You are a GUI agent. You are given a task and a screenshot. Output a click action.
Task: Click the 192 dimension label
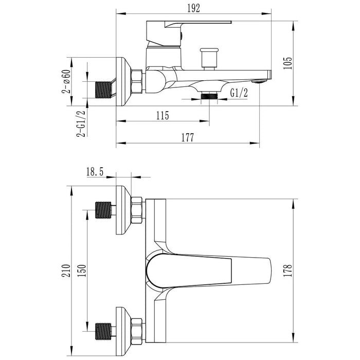[x=193, y=8]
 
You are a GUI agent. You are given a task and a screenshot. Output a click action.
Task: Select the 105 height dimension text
[x=287, y=63]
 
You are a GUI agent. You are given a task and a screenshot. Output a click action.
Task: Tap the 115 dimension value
[x=163, y=116]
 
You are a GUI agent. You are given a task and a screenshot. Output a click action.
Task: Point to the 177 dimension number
[x=188, y=137]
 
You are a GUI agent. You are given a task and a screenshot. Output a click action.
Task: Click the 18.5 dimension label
[x=95, y=171]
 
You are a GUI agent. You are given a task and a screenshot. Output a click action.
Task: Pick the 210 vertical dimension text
[x=66, y=271]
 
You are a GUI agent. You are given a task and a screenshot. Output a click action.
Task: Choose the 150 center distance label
[x=82, y=271]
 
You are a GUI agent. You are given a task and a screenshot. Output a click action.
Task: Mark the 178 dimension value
[x=287, y=271]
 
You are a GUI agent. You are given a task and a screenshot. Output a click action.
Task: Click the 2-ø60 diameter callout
[x=66, y=81]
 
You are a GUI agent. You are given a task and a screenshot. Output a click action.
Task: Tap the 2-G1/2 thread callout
[x=81, y=123]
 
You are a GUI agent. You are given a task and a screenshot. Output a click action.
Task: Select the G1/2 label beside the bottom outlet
[x=239, y=93]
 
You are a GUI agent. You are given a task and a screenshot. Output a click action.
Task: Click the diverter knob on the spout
[x=209, y=59]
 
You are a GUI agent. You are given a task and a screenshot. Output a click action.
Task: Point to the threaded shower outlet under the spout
[x=209, y=96]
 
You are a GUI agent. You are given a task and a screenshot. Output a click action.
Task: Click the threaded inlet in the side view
[x=103, y=90]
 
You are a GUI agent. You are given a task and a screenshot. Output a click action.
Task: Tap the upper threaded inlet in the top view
[x=103, y=210]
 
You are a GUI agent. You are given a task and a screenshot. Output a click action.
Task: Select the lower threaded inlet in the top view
[x=103, y=331]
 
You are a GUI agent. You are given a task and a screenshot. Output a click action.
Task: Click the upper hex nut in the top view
[x=136, y=210]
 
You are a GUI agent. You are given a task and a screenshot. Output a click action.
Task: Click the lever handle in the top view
[x=208, y=271]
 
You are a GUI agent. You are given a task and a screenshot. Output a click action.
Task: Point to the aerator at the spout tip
[x=260, y=81]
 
